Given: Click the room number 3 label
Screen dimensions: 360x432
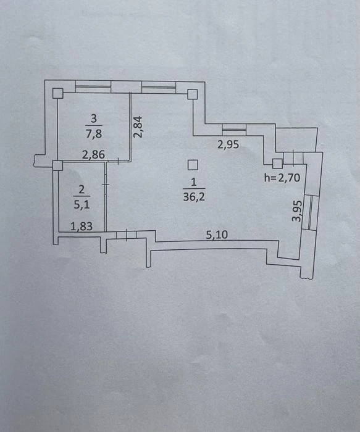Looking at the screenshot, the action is (94, 118).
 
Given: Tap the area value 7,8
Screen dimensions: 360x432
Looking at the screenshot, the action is (94, 134).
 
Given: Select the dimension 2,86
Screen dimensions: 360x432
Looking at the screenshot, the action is (93, 154).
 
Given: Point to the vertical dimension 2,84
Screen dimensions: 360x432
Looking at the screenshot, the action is (138, 127).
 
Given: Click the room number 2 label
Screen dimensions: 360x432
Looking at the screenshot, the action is (82, 189).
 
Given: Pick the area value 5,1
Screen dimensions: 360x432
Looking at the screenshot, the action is (82, 204).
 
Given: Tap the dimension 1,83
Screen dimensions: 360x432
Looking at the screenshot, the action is (82, 226).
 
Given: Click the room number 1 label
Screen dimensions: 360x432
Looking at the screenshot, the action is (193, 182).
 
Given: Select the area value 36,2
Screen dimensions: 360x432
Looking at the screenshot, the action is (194, 197).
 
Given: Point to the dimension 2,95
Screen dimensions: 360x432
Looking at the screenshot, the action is (228, 144).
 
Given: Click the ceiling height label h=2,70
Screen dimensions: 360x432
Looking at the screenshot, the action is (282, 178).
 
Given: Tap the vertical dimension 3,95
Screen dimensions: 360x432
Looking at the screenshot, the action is (298, 211).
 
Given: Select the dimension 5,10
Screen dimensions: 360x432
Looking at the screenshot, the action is (217, 235).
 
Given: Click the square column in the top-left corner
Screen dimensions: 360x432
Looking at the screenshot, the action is (58, 93).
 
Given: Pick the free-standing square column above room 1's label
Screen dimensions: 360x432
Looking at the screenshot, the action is (193, 165).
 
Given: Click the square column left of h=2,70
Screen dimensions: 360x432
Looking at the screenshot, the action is (277, 164).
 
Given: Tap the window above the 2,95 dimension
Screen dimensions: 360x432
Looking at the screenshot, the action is (234, 130).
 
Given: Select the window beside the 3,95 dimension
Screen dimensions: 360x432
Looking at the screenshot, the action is (311, 212).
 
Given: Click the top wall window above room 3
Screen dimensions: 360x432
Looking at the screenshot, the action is (93, 86).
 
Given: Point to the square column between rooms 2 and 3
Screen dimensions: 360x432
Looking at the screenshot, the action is (57, 165).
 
